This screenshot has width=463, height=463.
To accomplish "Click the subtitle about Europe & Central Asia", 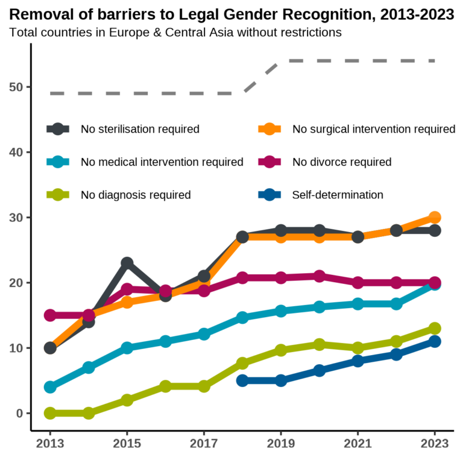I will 175,32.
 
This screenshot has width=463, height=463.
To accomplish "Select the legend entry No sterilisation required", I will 140,129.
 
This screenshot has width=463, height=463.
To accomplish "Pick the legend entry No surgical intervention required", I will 373,129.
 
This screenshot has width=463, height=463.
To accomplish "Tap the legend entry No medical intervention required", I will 162,162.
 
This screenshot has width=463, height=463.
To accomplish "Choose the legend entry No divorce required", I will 341,162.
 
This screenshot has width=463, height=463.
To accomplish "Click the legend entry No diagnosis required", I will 136,195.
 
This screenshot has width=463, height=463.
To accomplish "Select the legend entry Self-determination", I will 338,195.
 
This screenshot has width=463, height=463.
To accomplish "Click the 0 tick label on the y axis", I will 20,414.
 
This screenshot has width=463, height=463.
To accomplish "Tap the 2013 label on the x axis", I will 50,444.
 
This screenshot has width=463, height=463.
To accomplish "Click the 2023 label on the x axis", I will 435,444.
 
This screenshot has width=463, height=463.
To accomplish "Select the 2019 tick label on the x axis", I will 281,444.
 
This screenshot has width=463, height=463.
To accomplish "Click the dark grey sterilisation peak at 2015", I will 127,263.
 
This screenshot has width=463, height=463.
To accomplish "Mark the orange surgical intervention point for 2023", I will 435,218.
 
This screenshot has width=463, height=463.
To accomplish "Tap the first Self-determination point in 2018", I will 242,380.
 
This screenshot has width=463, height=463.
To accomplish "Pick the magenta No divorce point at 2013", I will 50,315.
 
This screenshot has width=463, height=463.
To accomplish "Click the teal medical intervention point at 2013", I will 50,387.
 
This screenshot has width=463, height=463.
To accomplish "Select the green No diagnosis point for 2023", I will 435,329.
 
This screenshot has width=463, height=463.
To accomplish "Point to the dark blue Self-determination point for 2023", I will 435,342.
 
